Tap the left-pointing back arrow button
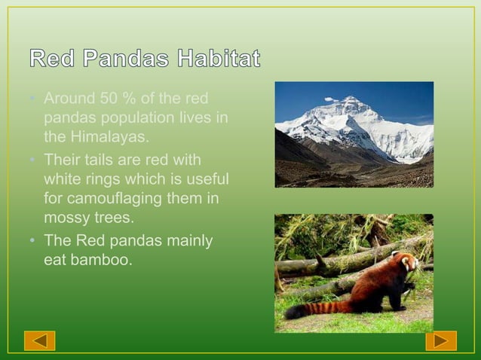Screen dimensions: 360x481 click(39, 340)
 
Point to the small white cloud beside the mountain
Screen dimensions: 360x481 click(331, 99)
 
